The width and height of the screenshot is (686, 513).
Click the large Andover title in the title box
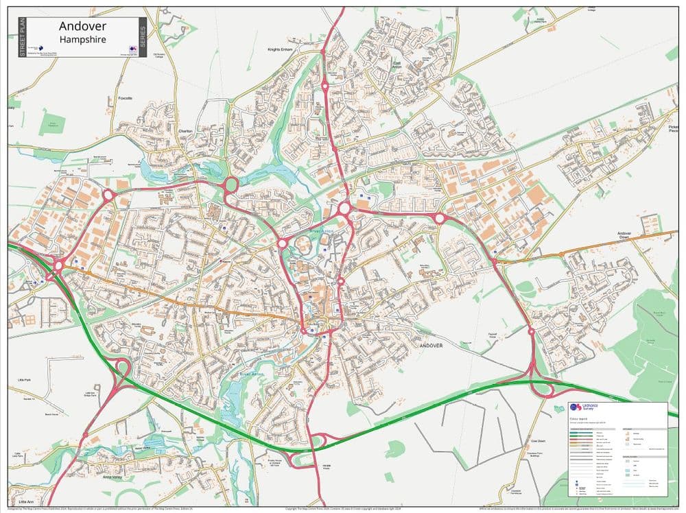[82, 26]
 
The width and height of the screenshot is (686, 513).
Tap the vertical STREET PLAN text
[22, 38]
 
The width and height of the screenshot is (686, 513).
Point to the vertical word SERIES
[143, 38]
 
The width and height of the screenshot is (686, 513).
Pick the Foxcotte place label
[125, 98]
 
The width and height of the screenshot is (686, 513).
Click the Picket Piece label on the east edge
[673, 130]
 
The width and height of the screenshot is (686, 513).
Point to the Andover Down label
[624, 236]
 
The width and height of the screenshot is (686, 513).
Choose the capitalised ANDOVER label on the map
[431, 346]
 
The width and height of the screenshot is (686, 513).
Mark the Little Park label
[25, 379]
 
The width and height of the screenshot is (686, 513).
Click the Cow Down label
[537, 442]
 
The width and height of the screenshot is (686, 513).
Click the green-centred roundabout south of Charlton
[229, 185]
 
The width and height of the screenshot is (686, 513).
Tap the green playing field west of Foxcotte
[51, 123]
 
